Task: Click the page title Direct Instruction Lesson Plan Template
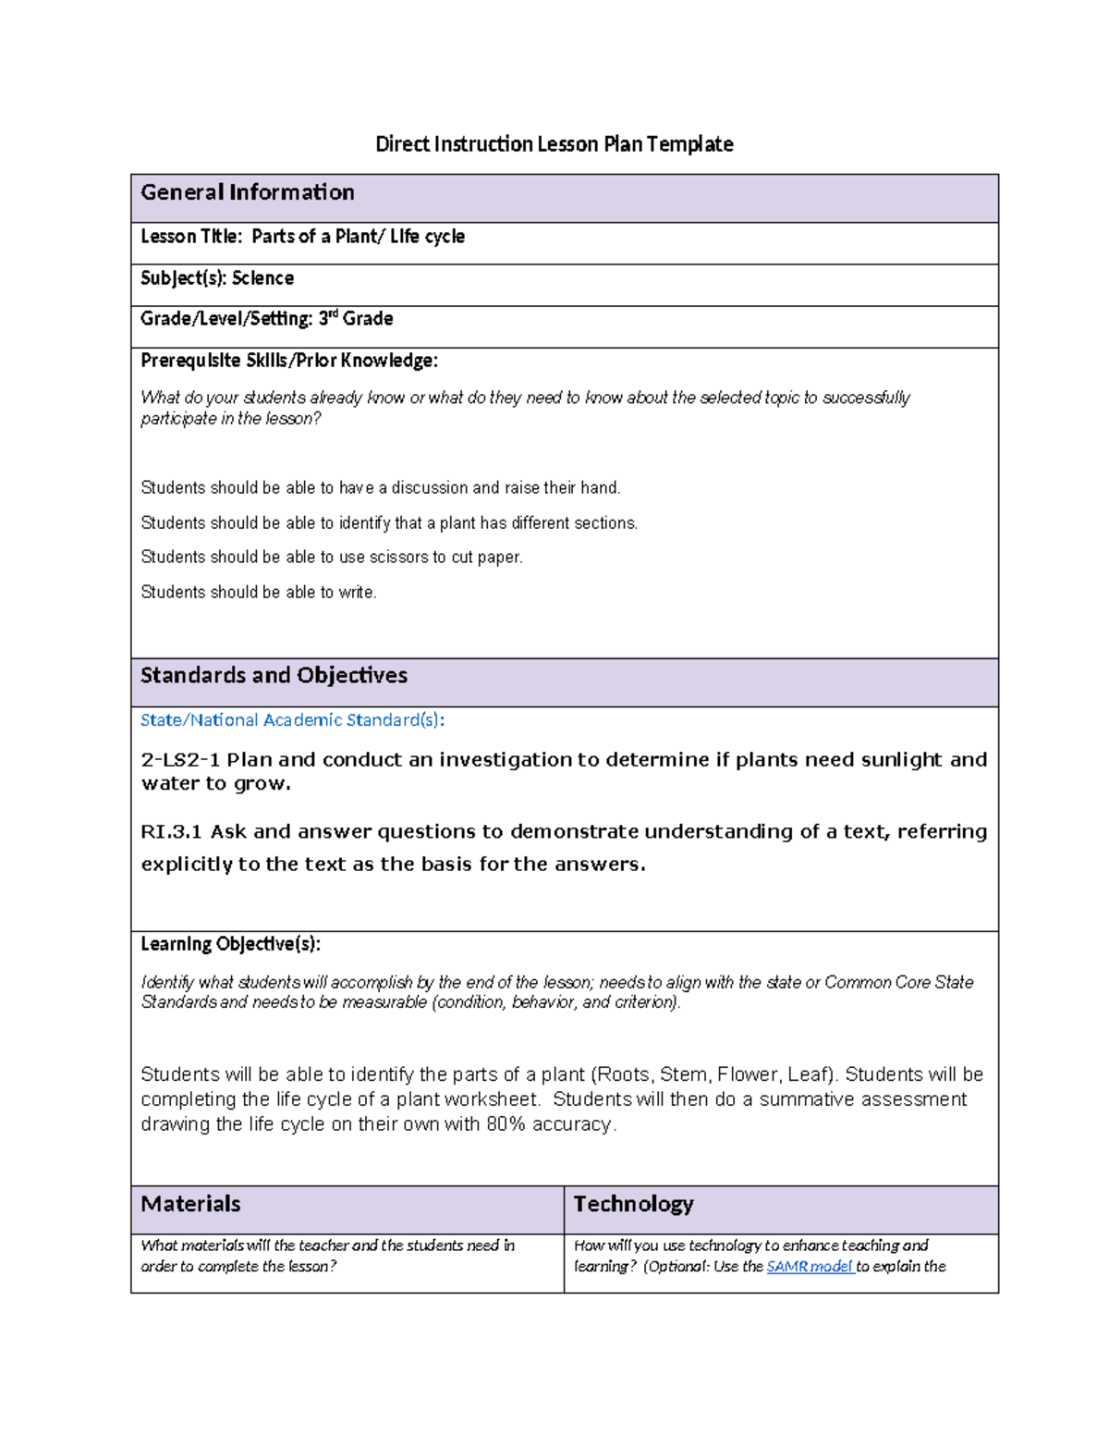click(554, 144)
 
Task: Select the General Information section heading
click(247, 192)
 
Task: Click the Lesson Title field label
click(190, 237)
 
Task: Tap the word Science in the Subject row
click(262, 278)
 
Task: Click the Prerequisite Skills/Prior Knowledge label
click(288, 361)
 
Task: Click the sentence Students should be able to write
click(258, 593)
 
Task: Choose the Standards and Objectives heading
click(274, 676)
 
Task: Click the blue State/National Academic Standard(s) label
click(292, 720)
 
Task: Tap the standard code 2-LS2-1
click(180, 760)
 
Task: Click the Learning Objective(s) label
click(230, 944)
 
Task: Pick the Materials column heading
click(190, 1204)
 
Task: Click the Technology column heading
click(633, 1204)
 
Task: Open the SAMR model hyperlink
click(810, 1267)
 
